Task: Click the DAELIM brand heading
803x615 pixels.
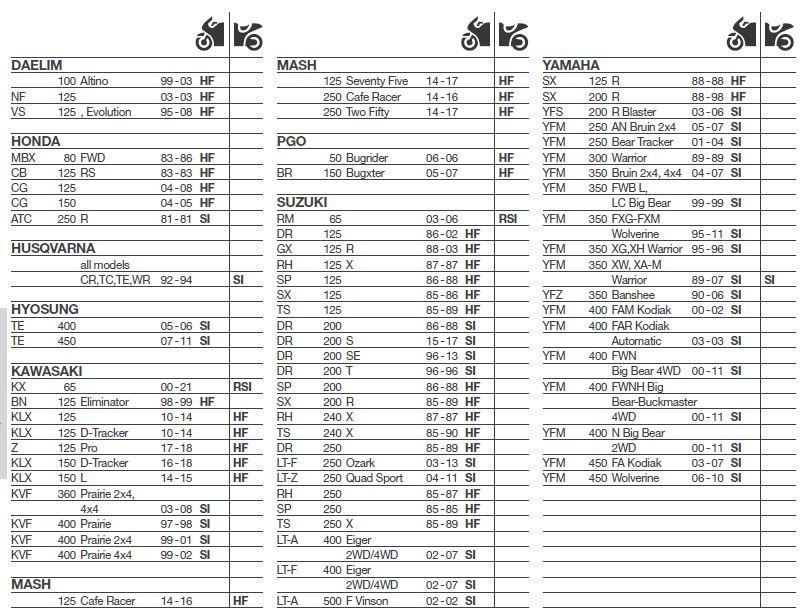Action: pyautogui.click(x=37, y=65)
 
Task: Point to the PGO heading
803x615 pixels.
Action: pyautogui.click(x=291, y=141)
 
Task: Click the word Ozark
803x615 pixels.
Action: pyautogui.click(x=362, y=463)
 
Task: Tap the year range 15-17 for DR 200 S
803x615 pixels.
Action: pyautogui.click(x=442, y=340)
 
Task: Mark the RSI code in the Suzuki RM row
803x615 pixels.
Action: pyautogui.click(x=509, y=218)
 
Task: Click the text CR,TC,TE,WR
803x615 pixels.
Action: pyautogui.click(x=114, y=280)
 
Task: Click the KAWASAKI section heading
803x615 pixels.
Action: pyautogui.click(x=46, y=371)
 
